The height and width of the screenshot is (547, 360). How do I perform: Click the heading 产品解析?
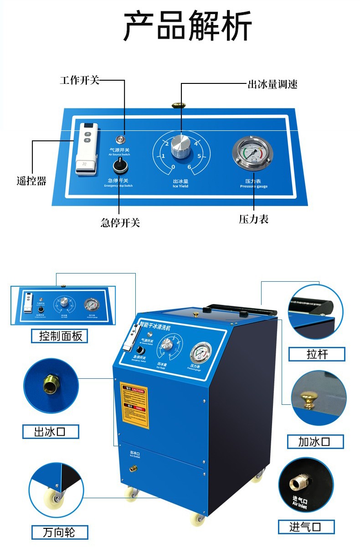[187, 26]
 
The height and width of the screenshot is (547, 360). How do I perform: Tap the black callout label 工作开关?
[79, 81]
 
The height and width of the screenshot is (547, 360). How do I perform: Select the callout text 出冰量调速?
[272, 84]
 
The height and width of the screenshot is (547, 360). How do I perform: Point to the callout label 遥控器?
[32, 181]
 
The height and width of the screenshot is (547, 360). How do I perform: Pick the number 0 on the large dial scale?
[173, 167]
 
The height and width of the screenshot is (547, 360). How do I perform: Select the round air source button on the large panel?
[120, 139]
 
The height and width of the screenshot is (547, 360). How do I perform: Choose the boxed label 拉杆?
[317, 354]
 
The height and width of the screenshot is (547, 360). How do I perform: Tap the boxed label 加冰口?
[315, 441]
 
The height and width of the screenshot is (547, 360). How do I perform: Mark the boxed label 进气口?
[306, 527]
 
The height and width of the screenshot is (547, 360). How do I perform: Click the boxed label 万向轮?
[59, 532]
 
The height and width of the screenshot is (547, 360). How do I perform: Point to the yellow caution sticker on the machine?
[134, 405]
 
